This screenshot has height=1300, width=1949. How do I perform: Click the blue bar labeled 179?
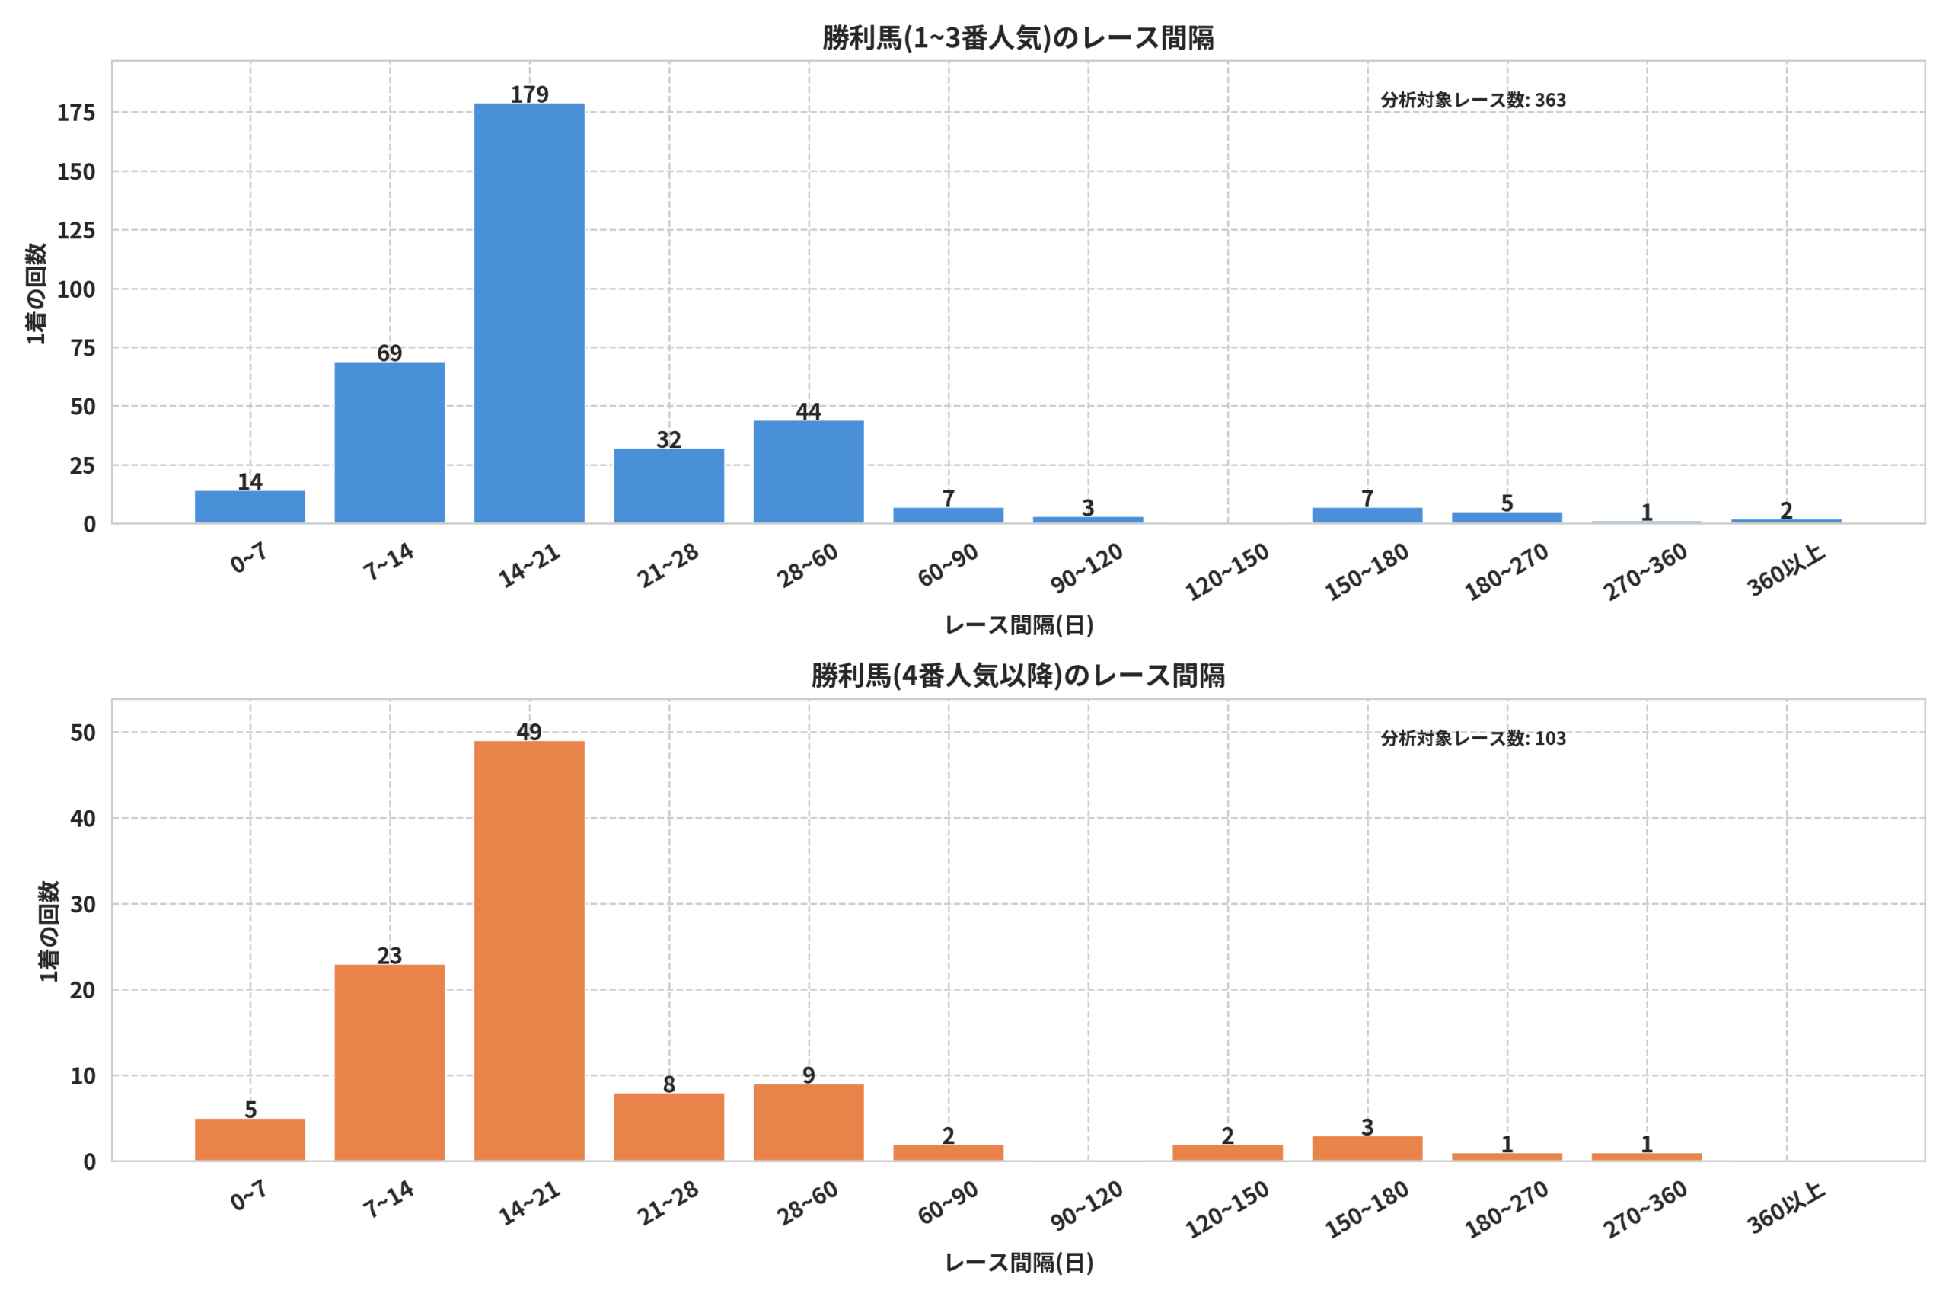point(528,314)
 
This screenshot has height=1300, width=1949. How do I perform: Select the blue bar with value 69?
point(390,442)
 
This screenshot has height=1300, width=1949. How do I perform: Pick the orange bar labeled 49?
point(528,951)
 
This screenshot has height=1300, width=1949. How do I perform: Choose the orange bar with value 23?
point(390,1063)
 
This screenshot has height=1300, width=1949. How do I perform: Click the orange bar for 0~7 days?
point(250,1140)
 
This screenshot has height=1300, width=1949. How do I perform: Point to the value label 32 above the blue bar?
point(668,439)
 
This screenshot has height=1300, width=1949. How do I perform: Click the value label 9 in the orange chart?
point(809,1075)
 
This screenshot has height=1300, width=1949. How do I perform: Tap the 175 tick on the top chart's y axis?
point(76,113)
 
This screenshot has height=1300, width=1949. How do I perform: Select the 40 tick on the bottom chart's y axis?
point(83,818)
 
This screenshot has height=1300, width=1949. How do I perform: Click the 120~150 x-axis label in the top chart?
point(1227,571)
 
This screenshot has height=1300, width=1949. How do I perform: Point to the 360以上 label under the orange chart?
point(1786,1207)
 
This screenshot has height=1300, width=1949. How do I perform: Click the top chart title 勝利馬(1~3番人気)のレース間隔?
point(1018,38)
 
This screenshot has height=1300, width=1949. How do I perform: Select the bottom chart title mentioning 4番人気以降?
point(1018,676)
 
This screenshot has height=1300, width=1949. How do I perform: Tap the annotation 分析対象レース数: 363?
point(1473,101)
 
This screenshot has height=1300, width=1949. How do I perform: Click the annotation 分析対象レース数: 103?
point(1473,738)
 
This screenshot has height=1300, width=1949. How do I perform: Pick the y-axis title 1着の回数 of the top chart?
point(36,293)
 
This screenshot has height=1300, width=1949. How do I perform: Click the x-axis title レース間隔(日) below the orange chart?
point(1019,1263)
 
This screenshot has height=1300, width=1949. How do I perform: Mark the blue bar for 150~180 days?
point(1367,515)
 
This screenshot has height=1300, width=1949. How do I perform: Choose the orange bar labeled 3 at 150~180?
point(1367,1148)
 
